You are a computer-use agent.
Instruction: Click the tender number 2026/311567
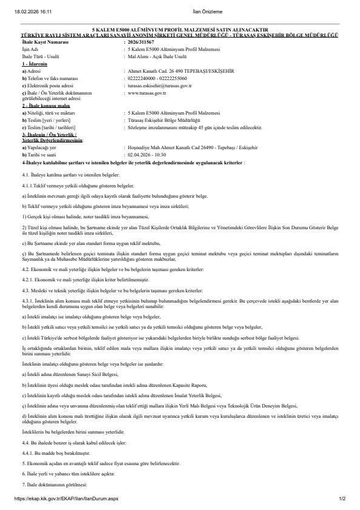(x=139, y=42)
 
